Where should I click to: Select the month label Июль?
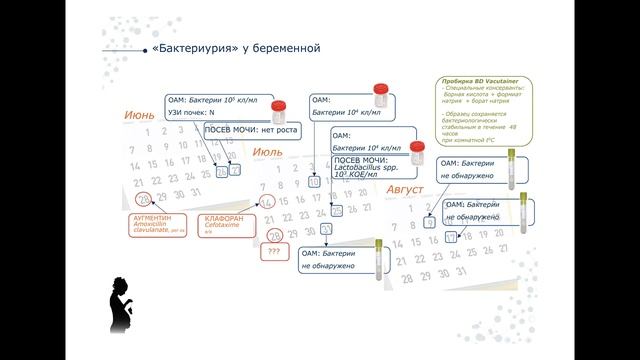pyautogui.click(x=267, y=151)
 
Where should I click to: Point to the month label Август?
pyautogui.click(x=413, y=190)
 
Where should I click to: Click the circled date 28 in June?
pyautogui.click(x=142, y=199)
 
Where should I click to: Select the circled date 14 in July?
pyautogui.click(x=267, y=201)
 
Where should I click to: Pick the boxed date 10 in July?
pyautogui.click(x=314, y=182)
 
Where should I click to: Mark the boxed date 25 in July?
pyautogui.click(x=337, y=210)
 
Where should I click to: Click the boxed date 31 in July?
pyautogui.click(x=326, y=229)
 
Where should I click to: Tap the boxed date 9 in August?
pyautogui.click(x=429, y=222)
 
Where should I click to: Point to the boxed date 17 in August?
pyautogui.click(x=451, y=238)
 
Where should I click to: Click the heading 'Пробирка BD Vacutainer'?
pyautogui.click(x=471, y=80)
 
